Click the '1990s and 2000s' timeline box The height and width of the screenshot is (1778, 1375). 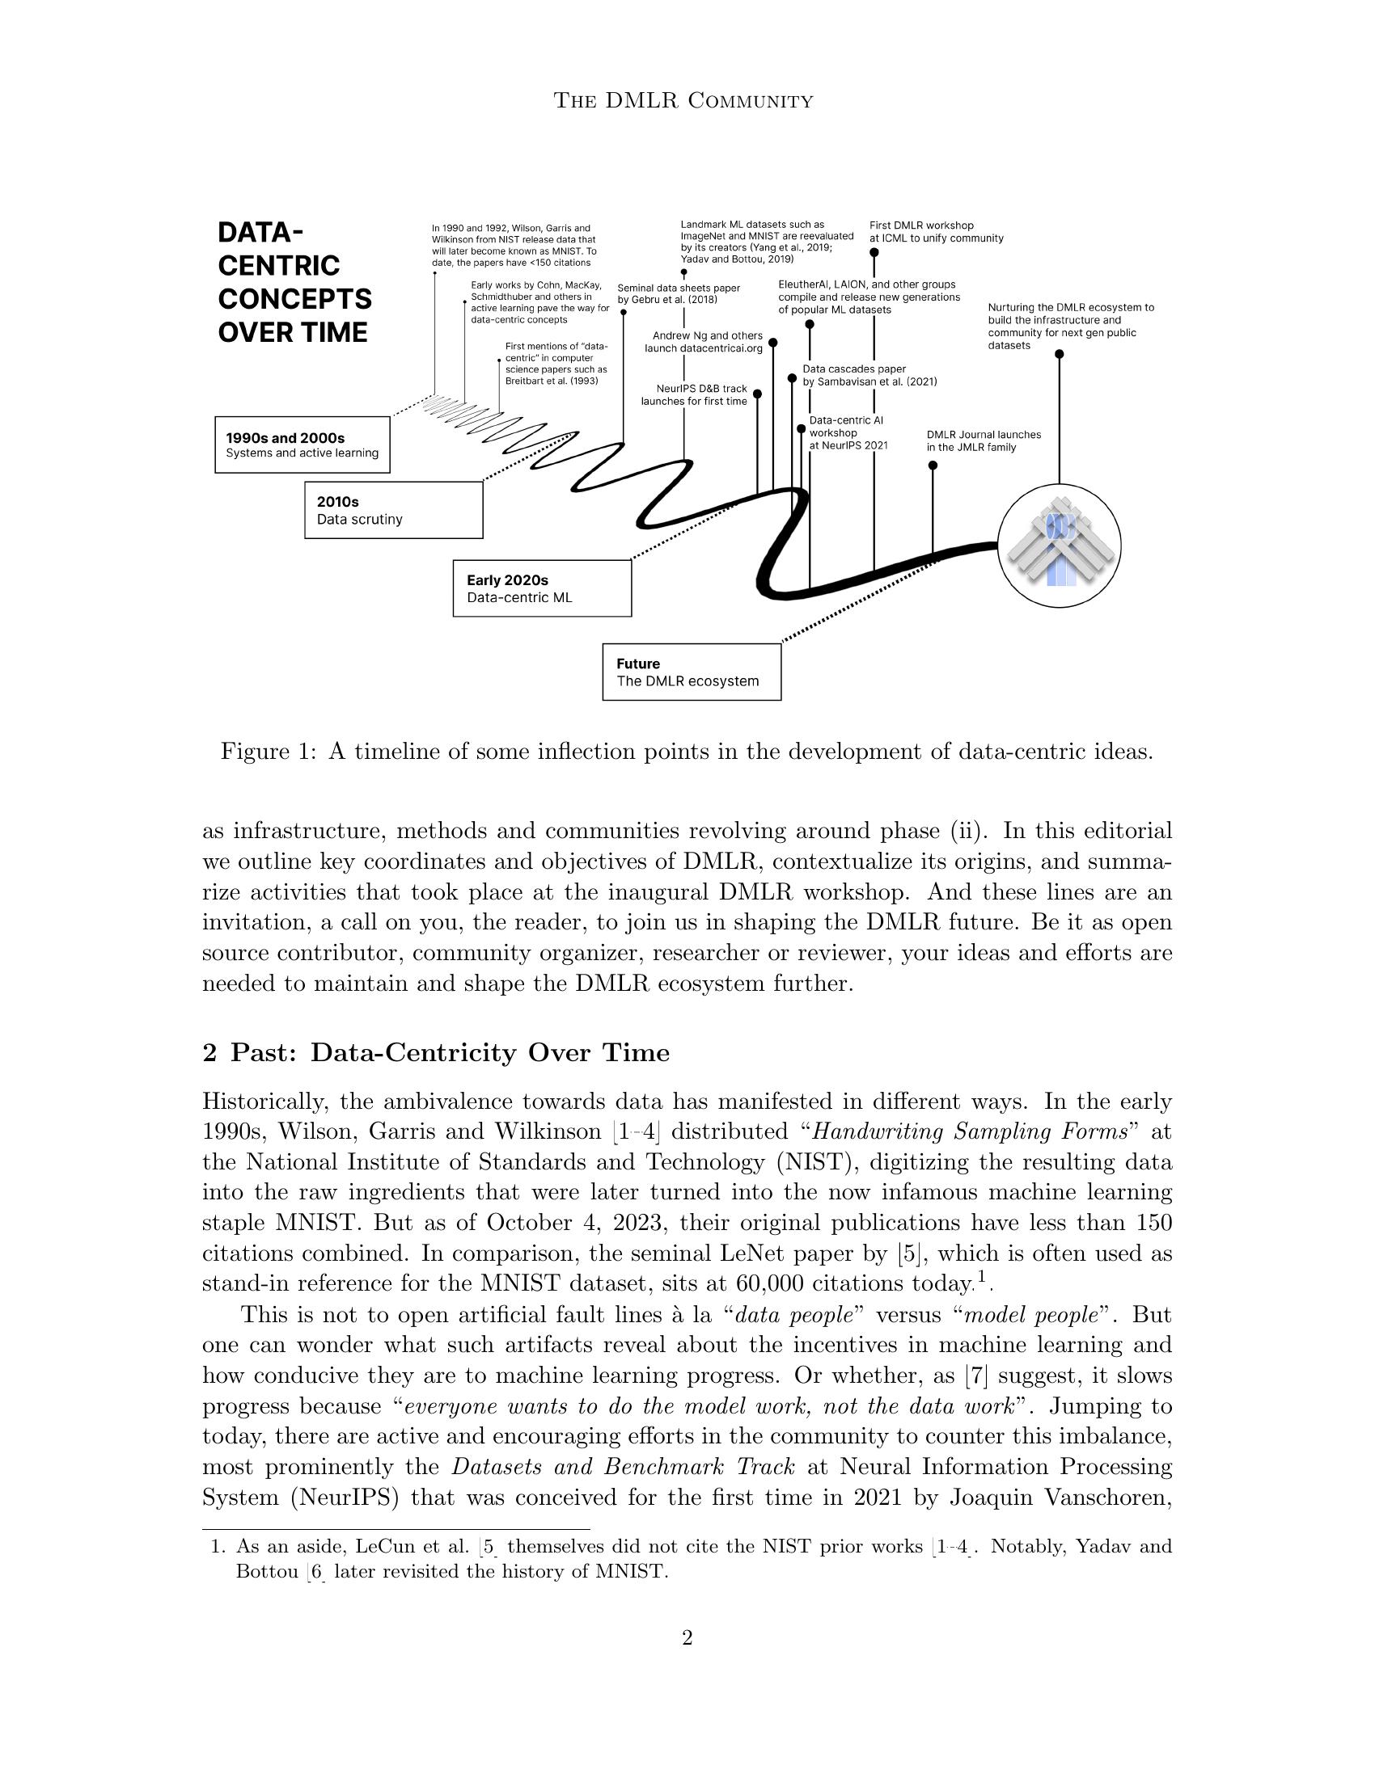(x=302, y=444)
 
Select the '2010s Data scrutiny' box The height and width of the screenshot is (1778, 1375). (x=393, y=510)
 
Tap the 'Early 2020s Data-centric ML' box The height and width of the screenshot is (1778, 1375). (x=542, y=588)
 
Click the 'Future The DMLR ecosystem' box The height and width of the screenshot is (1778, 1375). (x=692, y=672)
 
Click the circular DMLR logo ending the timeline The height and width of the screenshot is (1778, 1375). (x=1059, y=545)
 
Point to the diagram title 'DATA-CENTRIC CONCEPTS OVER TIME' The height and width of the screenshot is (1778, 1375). (x=294, y=283)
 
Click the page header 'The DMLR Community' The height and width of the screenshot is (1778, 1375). (x=683, y=101)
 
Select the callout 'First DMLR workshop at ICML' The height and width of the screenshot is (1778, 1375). (x=936, y=232)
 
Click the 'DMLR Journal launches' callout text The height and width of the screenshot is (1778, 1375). (x=984, y=440)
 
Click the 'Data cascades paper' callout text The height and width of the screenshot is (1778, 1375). (x=869, y=375)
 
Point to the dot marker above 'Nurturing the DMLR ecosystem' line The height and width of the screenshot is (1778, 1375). (x=1059, y=354)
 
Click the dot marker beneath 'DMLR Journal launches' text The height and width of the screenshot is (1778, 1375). (x=933, y=466)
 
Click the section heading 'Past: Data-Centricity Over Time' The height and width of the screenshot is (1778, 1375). (x=436, y=1052)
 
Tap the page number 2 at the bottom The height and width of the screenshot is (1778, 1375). (x=687, y=1637)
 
